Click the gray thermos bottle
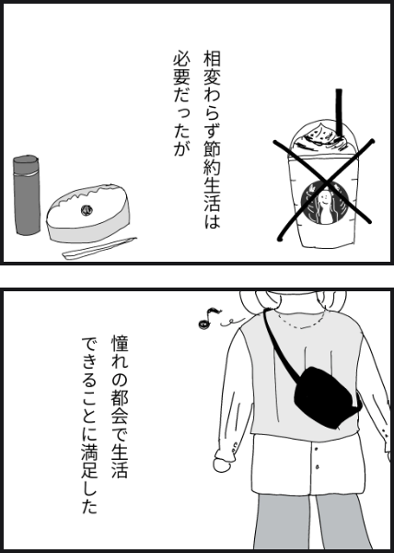tap(27, 194)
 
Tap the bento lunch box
tap(88, 213)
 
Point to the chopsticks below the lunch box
tap(98, 248)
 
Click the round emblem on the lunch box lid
tap(86, 210)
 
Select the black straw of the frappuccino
tap(339, 112)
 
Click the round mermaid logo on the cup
tap(325, 203)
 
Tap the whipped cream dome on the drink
tap(321, 138)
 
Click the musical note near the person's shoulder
tap(210, 318)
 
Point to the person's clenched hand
tap(223, 464)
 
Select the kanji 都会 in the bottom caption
tap(120, 404)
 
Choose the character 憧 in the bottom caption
tap(120, 344)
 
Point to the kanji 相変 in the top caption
tap(212, 68)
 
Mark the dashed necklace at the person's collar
tap(299, 324)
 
